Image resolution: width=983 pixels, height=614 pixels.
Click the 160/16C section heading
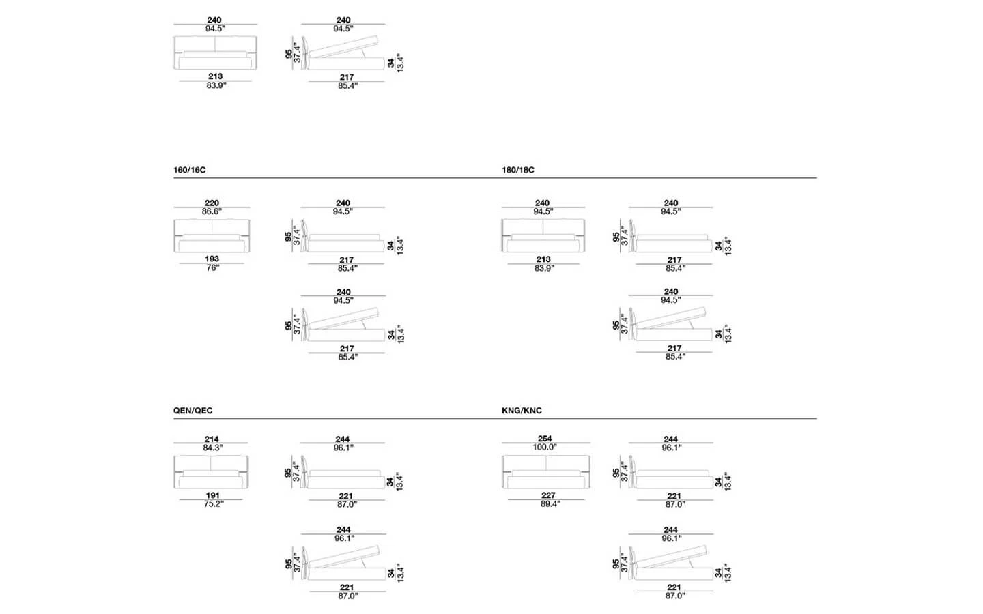point(189,170)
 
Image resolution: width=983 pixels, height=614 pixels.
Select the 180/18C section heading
point(517,170)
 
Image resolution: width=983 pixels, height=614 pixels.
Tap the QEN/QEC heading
point(193,411)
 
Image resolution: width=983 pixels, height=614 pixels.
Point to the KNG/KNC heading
point(522,411)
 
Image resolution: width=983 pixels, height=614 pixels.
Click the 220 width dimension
point(212,203)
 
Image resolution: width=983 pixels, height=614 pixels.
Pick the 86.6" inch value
point(212,211)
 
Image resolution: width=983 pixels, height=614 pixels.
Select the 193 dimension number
point(212,259)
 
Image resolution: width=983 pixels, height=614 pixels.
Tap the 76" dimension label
point(212,268)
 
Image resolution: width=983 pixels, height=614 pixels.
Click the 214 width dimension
point(212,440)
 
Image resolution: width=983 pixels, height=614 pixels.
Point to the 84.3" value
point(212,448)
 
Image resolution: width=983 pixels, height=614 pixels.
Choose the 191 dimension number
point(212,496)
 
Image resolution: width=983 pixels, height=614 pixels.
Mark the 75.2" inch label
point(212,504)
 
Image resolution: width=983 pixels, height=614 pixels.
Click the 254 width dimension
point(545,439)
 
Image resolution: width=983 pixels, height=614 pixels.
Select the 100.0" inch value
point(545,448)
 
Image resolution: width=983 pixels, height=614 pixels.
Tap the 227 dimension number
point(548,496)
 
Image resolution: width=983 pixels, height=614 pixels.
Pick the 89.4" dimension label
point(548,504)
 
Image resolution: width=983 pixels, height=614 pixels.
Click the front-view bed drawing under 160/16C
point(212,235)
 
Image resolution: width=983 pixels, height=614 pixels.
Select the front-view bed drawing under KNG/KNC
point(545,472)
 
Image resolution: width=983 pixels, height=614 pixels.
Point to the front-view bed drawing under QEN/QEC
point(212,472)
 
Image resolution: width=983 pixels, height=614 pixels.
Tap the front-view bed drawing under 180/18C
point(543,235)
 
